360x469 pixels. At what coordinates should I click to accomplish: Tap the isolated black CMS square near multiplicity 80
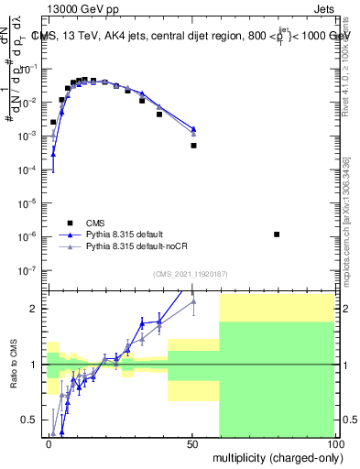[277, 234]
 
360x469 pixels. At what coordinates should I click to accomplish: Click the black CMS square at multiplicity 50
[193, 145]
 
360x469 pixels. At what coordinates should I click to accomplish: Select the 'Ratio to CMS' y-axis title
[14, 365]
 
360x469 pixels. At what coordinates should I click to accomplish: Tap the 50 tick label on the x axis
[192, 442]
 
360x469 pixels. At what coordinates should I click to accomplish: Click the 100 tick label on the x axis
[335, 442]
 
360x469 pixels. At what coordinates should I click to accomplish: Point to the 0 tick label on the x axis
[49, 442]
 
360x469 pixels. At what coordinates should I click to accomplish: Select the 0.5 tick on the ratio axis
[32, 420]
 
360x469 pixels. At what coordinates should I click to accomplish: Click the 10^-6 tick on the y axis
[29, 236]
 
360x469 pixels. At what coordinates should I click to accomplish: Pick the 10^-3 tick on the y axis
[29, 136]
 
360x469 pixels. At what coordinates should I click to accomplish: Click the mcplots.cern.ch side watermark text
[349, 220]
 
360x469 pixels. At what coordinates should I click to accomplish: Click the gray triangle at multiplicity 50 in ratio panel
[193, 301]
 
